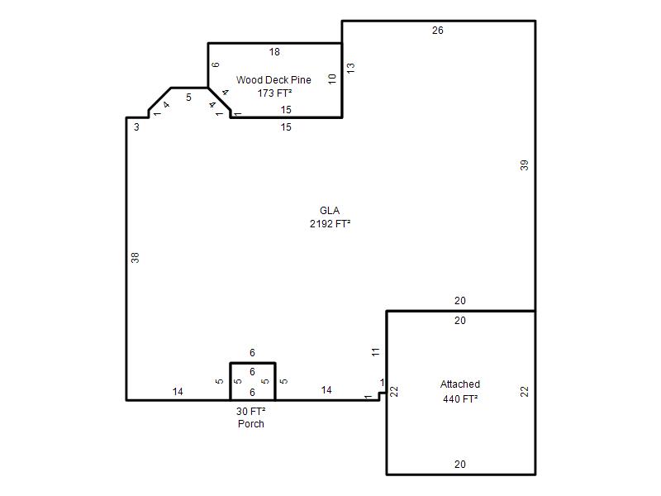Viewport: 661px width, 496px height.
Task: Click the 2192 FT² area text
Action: point(330,223)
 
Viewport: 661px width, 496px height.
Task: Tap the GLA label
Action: point(330,211)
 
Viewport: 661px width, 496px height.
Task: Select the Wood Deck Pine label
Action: point(273,79)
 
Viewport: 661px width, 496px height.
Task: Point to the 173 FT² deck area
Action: point(275,93)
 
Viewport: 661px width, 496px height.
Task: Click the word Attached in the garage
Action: point(460,384)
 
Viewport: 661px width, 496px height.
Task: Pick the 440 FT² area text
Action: point(460,398)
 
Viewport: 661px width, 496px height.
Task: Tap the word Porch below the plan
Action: point(251,424)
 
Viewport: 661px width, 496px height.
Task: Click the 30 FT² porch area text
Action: point(251,411)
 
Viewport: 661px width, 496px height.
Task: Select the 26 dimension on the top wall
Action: point(438,31)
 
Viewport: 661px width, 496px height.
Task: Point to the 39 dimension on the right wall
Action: point(524,165)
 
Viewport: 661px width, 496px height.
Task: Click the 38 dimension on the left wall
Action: point(135,257)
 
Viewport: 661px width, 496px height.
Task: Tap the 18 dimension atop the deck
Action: point(274,52)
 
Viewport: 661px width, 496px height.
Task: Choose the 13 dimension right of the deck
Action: point(350,68)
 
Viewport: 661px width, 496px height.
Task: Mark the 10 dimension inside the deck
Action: point(332,79)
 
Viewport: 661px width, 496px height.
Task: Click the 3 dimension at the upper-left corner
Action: point(136,127)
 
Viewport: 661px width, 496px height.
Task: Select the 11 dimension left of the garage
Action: point(376,352)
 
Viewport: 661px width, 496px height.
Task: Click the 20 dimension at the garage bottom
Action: point(460,465)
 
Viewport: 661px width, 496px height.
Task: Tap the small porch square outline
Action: point(231,381)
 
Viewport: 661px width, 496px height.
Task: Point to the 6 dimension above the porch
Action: point(252,353)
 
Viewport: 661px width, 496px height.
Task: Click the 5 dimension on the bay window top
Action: point(188,98)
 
